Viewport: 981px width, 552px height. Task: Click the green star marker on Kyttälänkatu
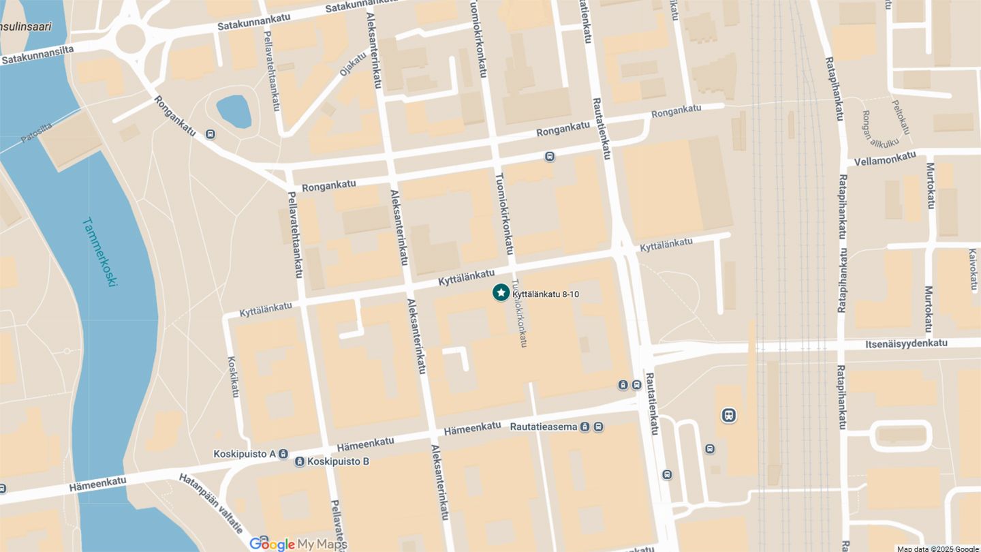[501, 292]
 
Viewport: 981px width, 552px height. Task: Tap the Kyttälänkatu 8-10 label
[546, 294]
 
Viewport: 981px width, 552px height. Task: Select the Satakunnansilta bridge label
[37, 55]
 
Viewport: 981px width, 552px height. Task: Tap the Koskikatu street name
[234, 377]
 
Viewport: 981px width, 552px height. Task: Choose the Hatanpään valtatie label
[211, 503]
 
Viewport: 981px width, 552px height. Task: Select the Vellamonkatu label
[885, 158]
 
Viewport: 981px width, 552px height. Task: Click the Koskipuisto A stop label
[244, 454]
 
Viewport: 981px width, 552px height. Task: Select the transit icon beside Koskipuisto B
[300, 462]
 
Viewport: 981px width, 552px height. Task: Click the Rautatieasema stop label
[544, 427]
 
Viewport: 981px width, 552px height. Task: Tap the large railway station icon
[728, 415]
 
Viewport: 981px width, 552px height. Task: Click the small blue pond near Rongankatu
[234, 111]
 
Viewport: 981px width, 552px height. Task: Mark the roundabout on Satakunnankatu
[130, 39]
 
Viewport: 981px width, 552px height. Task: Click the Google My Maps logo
[298, 544]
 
